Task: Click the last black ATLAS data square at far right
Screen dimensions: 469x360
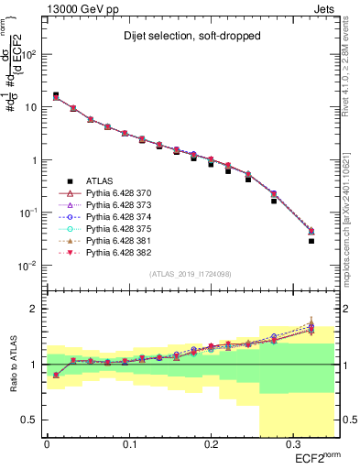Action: [x=311, y=241]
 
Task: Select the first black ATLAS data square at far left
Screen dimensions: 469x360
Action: [x=56, y=94]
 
